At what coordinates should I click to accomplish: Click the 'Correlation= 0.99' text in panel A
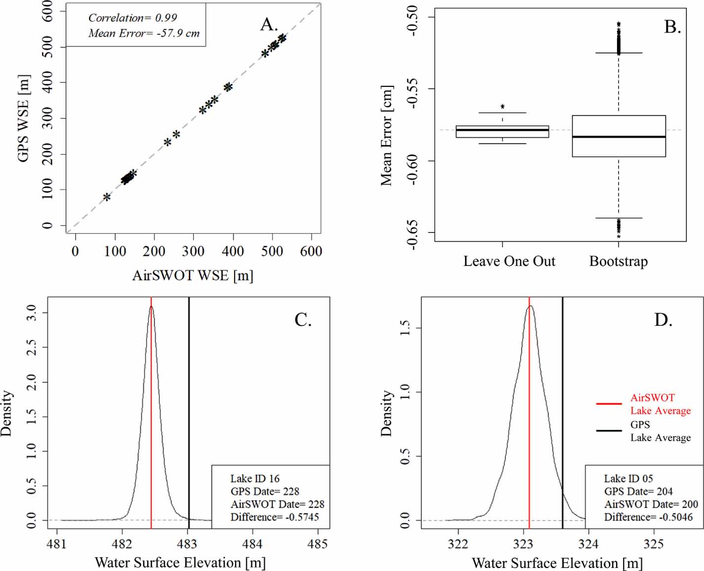(132, 18)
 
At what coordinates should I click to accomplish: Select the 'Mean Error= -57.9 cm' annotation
(144, 33)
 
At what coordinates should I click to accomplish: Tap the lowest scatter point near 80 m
(107, 197)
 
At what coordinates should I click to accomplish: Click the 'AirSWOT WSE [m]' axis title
(193, 275)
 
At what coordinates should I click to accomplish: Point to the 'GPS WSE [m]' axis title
(23, 118)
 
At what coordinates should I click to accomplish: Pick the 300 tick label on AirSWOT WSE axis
(193, 251)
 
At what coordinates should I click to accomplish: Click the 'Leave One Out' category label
(509, 261)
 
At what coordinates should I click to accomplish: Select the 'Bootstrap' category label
(619, 261)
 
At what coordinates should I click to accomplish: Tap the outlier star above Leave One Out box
(502, 107)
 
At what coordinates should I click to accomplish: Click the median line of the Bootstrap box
(619, 137)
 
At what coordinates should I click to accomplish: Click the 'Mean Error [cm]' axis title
(386, 136)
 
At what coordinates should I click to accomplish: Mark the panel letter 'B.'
(672, 27)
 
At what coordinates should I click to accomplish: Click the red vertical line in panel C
(151, 419)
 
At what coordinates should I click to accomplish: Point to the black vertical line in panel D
(563, 395)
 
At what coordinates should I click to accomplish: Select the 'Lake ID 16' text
(255, 478)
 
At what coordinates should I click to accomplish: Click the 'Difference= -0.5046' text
(648, 517)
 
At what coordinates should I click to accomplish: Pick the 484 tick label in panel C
(252, 544)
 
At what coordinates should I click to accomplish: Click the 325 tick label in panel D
(654, 544)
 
